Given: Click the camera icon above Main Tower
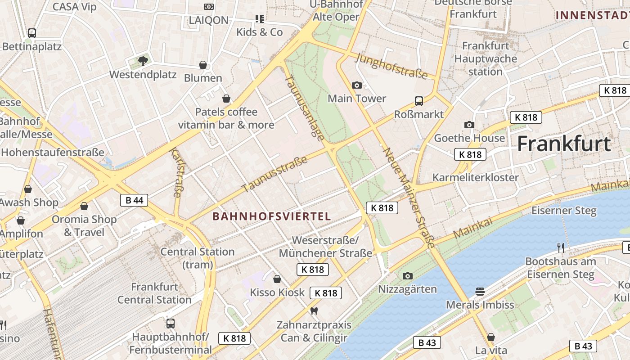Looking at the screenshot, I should coord(356,85).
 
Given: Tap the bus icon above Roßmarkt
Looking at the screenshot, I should coord(419,101).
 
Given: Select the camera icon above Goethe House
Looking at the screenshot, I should coord(469,125).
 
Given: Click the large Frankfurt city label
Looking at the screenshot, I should coord(564,144).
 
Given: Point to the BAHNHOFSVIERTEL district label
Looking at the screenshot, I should coord(272,216).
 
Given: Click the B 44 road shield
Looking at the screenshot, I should coord(134,200).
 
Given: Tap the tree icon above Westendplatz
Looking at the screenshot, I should coord(143,61).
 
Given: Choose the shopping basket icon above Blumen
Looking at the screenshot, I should coord(203,65).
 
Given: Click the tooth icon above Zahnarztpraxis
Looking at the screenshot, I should coord(314,311).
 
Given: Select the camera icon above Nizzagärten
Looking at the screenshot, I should coord(408,276).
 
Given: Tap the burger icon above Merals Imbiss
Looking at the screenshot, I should coord(480,292).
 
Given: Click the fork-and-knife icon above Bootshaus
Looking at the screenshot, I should coord(561,247).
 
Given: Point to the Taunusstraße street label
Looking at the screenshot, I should coord(274,173).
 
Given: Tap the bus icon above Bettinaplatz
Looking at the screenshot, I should coord(31,33).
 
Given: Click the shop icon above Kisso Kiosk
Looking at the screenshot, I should coord(277,279).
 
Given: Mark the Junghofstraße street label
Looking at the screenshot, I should coord(391,66).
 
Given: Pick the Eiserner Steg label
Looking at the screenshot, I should coord(564,211).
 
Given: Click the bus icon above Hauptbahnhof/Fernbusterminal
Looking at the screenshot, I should coord(171,323).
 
